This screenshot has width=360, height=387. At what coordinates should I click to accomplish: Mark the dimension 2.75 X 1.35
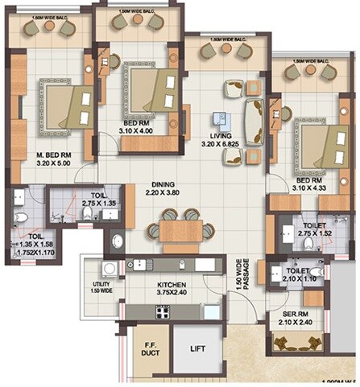pyautogui.click(x=100, y=204)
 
